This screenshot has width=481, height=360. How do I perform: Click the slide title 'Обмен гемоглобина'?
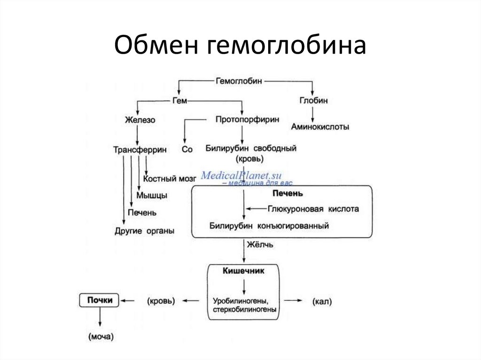240,46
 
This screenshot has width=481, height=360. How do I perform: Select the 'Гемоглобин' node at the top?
240,81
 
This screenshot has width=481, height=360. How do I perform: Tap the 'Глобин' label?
313,100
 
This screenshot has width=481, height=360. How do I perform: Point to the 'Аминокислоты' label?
320,127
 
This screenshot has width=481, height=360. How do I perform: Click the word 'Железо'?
140,120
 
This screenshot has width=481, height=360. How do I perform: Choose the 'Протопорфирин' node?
247,120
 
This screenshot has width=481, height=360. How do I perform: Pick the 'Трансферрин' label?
140,150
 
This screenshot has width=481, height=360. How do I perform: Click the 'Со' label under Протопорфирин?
186,150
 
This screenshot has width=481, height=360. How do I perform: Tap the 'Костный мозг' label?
169,179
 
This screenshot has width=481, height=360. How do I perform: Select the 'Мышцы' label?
152,195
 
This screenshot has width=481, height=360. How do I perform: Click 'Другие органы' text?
144,230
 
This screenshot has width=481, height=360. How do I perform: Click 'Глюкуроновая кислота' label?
313,209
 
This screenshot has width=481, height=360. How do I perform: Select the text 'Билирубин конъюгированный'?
269,226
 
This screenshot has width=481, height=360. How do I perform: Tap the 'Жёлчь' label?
258,245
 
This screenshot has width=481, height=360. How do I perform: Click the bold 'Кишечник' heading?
243,271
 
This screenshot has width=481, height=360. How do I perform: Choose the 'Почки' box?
99,300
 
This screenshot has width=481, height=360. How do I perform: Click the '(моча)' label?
101,336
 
